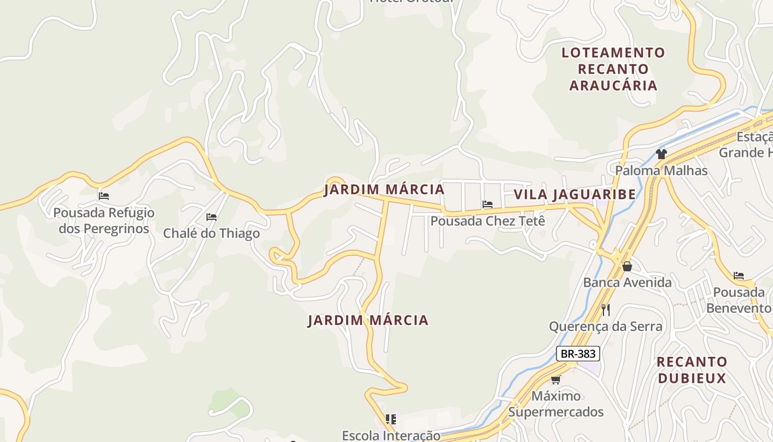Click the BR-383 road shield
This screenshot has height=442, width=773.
(x=578, y=354)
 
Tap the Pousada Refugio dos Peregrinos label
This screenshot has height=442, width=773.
(x=104, y=220)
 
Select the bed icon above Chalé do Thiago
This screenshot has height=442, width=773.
(x=211, y=217)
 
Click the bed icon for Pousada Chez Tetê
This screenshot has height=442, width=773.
(x=487, y=204)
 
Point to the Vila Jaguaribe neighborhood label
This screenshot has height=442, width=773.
(x=575, y=194)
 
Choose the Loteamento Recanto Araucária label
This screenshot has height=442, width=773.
(x=613, y=69)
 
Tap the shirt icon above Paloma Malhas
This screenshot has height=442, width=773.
(x=661, y=154)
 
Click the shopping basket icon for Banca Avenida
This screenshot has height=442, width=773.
(x=627, y=266)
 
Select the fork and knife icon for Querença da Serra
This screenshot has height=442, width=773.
(x=606, y=309)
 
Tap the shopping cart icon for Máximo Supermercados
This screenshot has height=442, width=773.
(x=556, y=380)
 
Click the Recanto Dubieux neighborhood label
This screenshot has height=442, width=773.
(x=691, y=370)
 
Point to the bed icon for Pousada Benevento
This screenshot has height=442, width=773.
(x=739, y=276)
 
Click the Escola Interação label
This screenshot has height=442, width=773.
(x=391, y=435)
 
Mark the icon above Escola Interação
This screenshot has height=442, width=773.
(x=391, y=419)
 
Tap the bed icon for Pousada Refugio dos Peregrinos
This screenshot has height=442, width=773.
(x=104, y=196)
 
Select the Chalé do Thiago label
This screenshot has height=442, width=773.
(x=211, y=233)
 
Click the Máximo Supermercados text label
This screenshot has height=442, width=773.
(x=556, y=404)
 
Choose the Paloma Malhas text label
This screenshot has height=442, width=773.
(x=661, y=170)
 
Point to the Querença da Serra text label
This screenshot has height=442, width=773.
(x=606, y=327)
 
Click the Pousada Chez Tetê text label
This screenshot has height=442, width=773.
(x=488, y=221)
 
